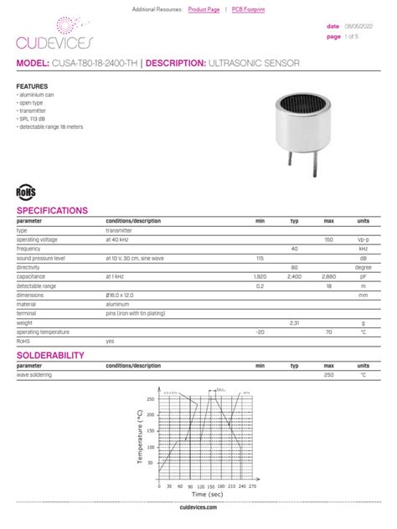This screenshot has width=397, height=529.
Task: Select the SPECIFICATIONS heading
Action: (52, 210)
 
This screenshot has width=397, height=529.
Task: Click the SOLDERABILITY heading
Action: (50, 356)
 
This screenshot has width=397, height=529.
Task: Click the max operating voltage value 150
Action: (329, 239)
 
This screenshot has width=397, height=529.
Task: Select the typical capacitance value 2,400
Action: (294, 276)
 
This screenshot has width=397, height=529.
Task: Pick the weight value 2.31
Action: (294, 322)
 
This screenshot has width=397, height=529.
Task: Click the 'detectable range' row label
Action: (38, 285)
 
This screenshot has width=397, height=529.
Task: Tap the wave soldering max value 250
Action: (329, 375)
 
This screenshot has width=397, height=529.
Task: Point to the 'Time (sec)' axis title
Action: (192, 496)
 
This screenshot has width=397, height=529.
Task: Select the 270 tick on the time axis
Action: (253, 485)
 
